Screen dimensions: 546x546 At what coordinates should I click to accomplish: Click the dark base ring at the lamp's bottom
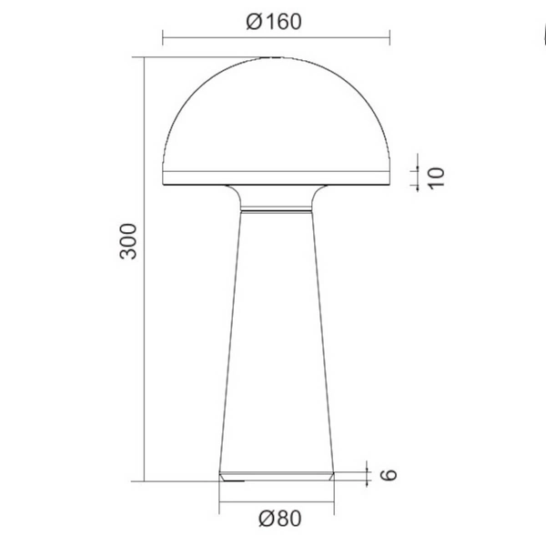(276, 475)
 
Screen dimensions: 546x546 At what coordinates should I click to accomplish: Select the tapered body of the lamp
(276, 346)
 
